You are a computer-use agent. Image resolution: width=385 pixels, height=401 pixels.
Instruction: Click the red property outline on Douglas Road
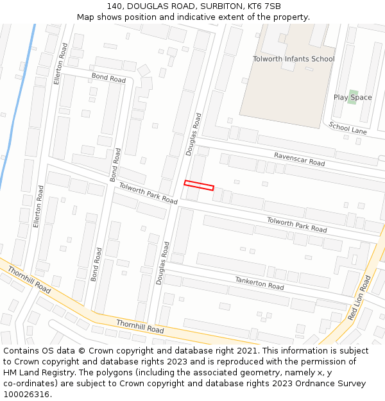tap(199, 185)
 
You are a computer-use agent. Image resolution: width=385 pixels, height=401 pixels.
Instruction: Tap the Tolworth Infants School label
tap(293, 59)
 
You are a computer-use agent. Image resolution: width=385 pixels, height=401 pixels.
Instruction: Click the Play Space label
tap(352, 98)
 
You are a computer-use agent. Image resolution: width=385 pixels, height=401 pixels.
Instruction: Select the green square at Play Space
tap(352, 97)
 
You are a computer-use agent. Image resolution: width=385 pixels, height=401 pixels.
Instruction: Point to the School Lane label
tap(348, 128)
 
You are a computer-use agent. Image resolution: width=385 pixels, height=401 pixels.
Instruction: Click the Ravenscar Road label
tap(299, 159)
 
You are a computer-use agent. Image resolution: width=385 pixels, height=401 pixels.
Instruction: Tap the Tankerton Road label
tap(259, 282)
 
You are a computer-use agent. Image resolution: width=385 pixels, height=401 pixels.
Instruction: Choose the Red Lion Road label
tap(359, 298)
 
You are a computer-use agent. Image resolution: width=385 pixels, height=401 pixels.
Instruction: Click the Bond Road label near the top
tap(108, 78)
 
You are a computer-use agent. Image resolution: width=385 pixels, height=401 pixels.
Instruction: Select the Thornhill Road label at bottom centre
tap(140, 326)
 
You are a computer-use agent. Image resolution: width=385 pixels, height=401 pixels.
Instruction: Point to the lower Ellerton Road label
tap(40, 207)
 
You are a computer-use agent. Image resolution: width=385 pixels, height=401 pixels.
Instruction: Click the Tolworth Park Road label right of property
tap(296, 225)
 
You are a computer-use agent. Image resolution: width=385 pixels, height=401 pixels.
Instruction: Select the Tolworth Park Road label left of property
tap(148, 193)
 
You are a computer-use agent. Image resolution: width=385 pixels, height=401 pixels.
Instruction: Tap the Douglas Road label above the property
tap(194, 134)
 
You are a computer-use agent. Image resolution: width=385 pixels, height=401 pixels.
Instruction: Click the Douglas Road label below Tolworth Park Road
tap(163, 263)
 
